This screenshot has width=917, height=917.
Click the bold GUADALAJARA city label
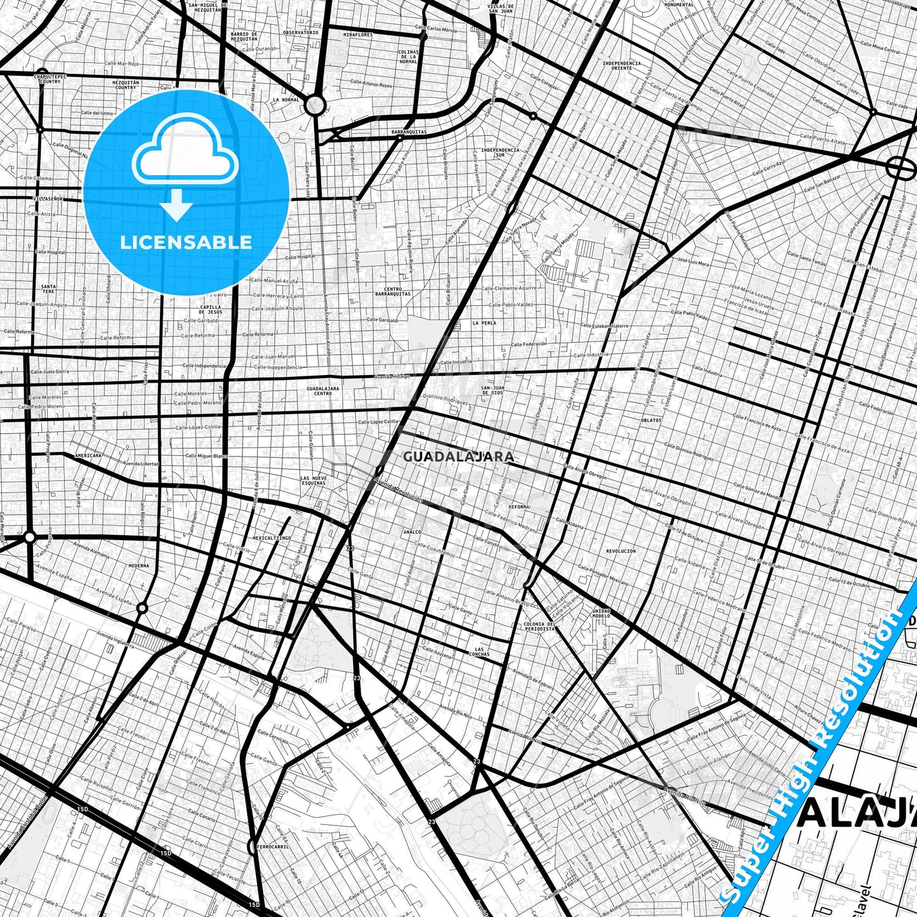[x=458, y=456]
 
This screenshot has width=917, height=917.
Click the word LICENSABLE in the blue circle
[x=186, y=242]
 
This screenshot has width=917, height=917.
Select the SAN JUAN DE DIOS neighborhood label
[x=492, y=390]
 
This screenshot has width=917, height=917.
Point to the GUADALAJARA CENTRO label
[x=322, y=390]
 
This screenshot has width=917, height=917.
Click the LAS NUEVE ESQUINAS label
[x=313, y=480]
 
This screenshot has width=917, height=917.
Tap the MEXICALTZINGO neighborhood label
[x=272, y=538]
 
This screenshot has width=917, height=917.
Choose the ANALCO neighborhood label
[x=412, y=532]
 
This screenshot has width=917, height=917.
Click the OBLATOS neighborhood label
[x=651, y=420]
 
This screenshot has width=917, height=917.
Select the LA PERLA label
[x=484, y=323]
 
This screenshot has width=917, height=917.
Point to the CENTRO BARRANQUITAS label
[x=393, y=291]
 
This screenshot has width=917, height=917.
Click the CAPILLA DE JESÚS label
[x=210, y=310]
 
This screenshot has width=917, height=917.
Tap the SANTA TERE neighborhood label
[x=48, y=289]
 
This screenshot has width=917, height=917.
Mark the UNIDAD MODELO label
[x=601, y=613]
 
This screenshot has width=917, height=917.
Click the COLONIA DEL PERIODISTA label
[x=540, y=627]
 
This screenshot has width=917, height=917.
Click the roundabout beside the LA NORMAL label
[x=314, y=105]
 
